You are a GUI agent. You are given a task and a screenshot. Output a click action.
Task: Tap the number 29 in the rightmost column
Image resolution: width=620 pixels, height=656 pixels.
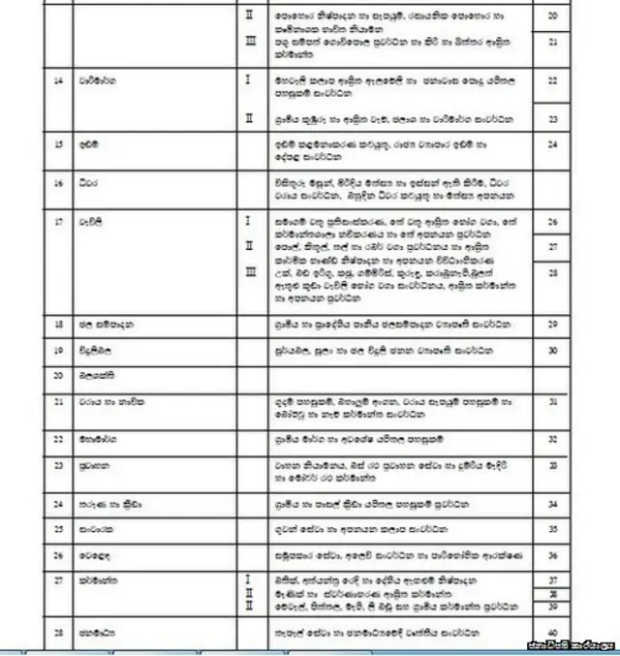(552, 324)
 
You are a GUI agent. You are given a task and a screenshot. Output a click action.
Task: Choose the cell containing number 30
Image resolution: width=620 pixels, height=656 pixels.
(552, 350)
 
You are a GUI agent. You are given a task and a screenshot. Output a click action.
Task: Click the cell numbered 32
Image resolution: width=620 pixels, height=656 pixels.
(552, 439)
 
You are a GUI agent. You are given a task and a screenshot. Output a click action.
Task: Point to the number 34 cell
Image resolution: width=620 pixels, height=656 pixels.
(552, 504)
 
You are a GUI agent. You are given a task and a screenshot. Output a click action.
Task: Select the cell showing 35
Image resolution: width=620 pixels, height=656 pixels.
(552, 529)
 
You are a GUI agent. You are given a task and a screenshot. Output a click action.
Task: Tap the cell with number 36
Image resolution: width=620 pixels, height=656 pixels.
(552, 555)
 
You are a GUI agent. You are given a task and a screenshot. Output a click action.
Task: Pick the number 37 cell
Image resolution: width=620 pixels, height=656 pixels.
(552, 579)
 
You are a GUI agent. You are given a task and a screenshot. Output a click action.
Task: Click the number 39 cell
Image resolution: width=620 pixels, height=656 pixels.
(552, 606)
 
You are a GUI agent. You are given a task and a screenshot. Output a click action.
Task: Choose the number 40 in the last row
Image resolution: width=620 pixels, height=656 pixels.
(552, 633)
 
